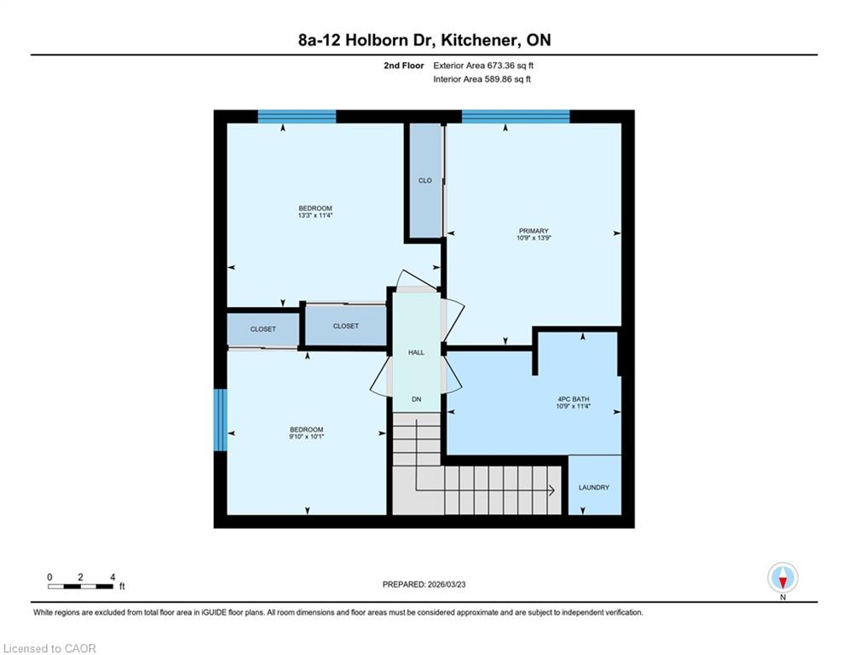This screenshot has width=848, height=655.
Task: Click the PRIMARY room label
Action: click(x=534, y=230)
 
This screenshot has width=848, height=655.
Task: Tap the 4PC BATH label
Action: click(x=574, y=399)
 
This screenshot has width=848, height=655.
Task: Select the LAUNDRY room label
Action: click(x=594, y=487)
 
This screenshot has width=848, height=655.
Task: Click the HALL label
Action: click(x=416, y=352)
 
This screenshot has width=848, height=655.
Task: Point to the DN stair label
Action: click(x=417, y=399)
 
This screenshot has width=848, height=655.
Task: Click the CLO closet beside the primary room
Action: click(x=425, y=180)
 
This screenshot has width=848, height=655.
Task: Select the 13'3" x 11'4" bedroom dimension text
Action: click(x=315, y=215)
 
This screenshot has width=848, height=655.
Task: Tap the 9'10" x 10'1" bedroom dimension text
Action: click(x=307, y=437)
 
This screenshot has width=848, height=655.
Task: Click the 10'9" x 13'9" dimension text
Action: click(x=534, y=238)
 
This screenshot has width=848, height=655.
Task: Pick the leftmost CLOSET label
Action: click(x=262, y=329)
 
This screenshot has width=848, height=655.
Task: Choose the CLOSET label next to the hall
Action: click(x=345, y=326)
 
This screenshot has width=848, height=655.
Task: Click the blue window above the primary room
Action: click(x=516, y=116)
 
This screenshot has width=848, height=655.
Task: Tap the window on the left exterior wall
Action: click(x=220, y=420)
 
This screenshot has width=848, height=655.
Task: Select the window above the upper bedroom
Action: click(x=297, y=116)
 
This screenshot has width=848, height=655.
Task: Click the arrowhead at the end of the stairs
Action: click(x=552, y=490)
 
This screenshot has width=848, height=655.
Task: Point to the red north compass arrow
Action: click(x=782, y=583)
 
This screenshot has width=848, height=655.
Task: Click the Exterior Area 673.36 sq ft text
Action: click(x=483, y=66)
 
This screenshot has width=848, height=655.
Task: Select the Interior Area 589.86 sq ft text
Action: click(x=482, y=79)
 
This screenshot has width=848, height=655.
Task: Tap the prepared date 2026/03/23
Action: click(x=447, y=584)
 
